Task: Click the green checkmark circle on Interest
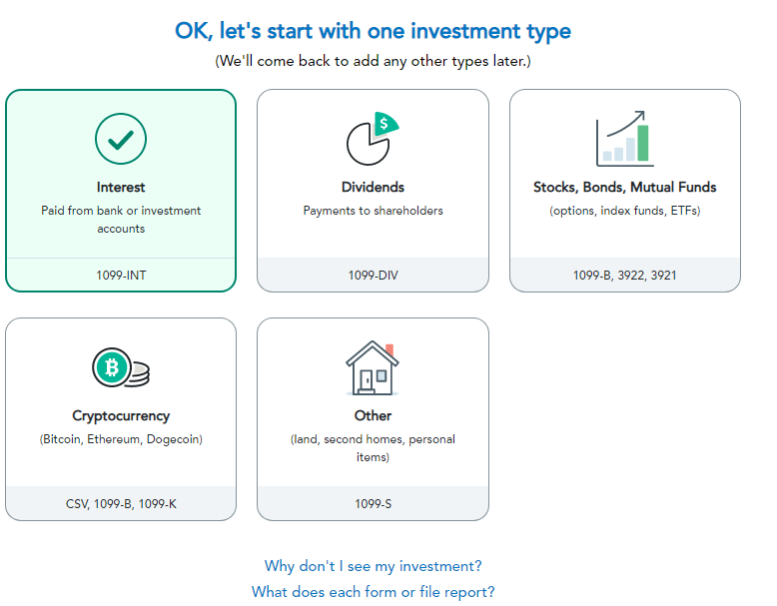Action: pos(121,139)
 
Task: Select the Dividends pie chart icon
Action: pos(373,139)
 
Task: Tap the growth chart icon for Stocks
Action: pos(625,138)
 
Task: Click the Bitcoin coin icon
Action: pos(121,367)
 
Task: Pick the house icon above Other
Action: pos(373,367)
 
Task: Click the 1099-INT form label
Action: pos(121,275)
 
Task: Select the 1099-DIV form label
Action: pos(374,275)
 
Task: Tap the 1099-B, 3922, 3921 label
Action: pos(625,275)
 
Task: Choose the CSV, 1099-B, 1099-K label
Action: pos(121,504)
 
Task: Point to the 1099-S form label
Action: pos(374,504)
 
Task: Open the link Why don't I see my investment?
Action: pos(374,566)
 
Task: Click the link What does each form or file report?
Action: pos(374,592)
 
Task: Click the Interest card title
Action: pos(121,188)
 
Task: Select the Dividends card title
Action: pos(374,188)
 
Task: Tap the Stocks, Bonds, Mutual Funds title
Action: pos(625,188)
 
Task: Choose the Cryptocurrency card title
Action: pos(121,415)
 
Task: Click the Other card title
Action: pos(374,415)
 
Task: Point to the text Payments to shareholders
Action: pos(374,211)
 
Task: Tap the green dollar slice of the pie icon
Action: pos(386,124)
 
